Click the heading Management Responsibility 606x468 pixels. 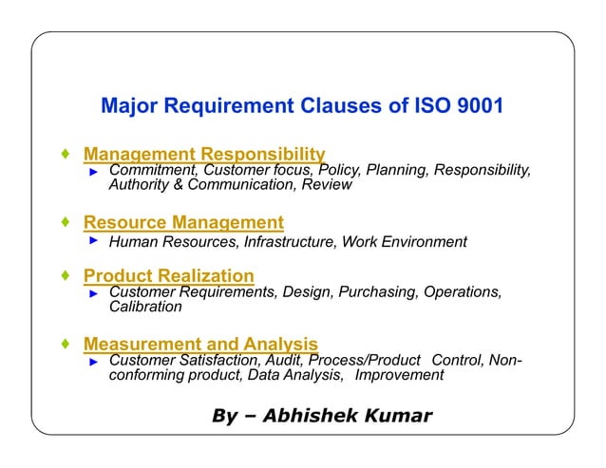pyautogui.click(x=204, y=154)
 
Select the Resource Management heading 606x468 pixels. pyautogui.click(x=183, y=223)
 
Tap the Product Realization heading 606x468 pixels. pyautogui.click(x=169, y=276)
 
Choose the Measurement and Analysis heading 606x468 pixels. pyautogui.click(x=200, y=344)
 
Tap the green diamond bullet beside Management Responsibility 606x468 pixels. pyautogui.click(x=64, y=153)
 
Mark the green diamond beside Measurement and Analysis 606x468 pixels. pyautogui.click(x=64, y=343)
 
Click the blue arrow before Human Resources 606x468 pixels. pyautogui.click(x=94, y=241)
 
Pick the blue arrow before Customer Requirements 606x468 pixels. pyautogui.click(x=94, y=294)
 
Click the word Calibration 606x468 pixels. pyautogui.click(x=145, y=307)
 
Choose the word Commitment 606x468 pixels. pyautogui.click(x=151, y=170)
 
